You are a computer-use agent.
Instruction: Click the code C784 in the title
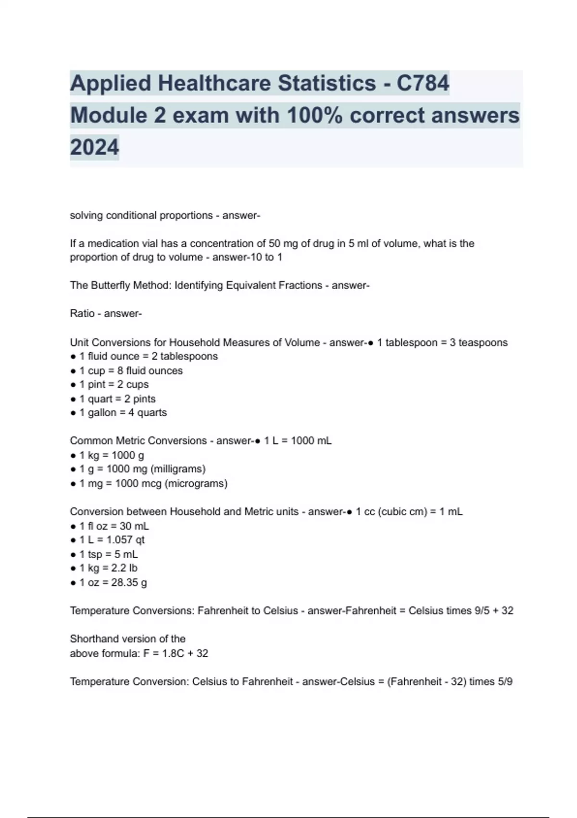(423, 83)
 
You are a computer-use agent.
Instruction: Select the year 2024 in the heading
(94, 147)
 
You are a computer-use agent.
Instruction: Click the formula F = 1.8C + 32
(176, 653)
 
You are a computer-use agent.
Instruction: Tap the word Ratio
(82, 314)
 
